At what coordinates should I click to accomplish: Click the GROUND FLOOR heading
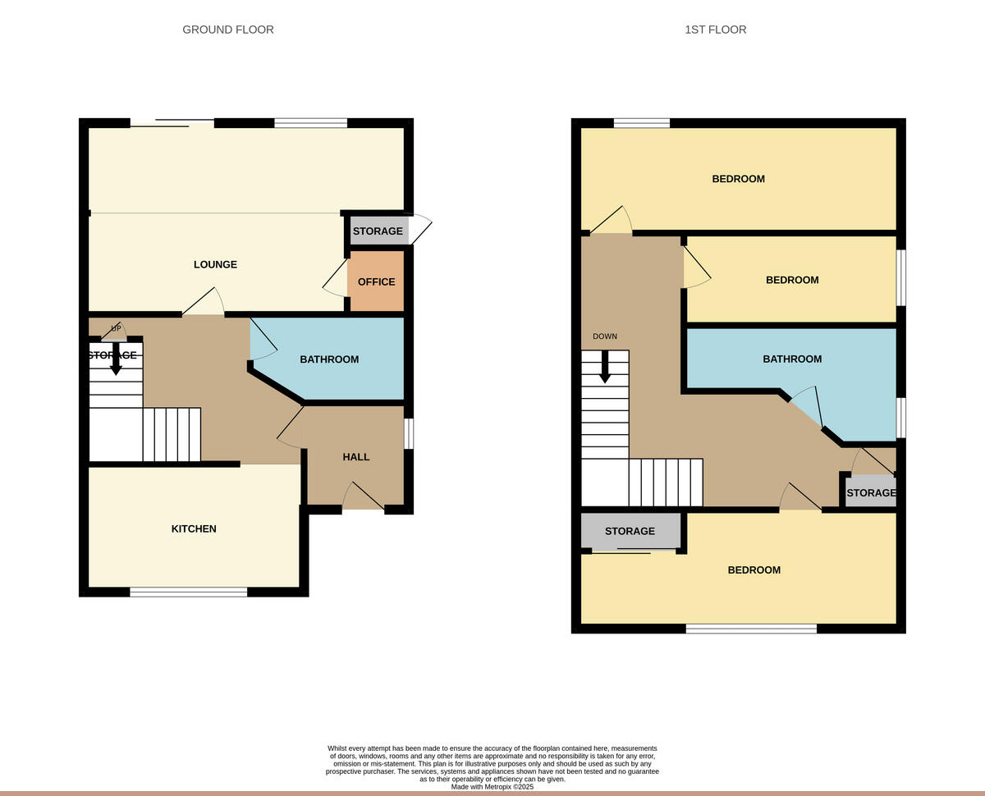pos(227,30)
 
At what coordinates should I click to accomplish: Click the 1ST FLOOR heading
pos(715,30)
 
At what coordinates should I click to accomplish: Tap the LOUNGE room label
pos(215,264)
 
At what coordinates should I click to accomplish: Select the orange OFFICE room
pos(376,281)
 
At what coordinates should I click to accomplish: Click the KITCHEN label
pos(194,528)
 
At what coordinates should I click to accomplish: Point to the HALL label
pos(356,457)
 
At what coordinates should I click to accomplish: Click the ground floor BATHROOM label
pos(329,359)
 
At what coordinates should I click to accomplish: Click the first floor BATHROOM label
pos(792,359)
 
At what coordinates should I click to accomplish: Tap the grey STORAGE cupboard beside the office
pos(378,231)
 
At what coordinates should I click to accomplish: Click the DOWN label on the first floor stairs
pos(605,336)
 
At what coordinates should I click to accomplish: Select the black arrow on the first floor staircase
pos(605,367)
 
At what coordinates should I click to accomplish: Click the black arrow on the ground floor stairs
pos(116,360)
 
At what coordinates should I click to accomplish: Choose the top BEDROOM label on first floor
pos(738,179)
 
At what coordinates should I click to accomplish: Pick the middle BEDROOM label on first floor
pos(792,280)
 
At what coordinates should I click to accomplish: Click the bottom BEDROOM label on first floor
pos(754,570)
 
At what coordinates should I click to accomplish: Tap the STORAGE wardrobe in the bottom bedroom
pos(630,531)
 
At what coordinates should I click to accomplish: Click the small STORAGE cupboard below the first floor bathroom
pos(870,492)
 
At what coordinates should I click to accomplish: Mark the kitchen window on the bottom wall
pos(188,592)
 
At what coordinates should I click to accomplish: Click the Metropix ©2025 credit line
pos(492,786)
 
